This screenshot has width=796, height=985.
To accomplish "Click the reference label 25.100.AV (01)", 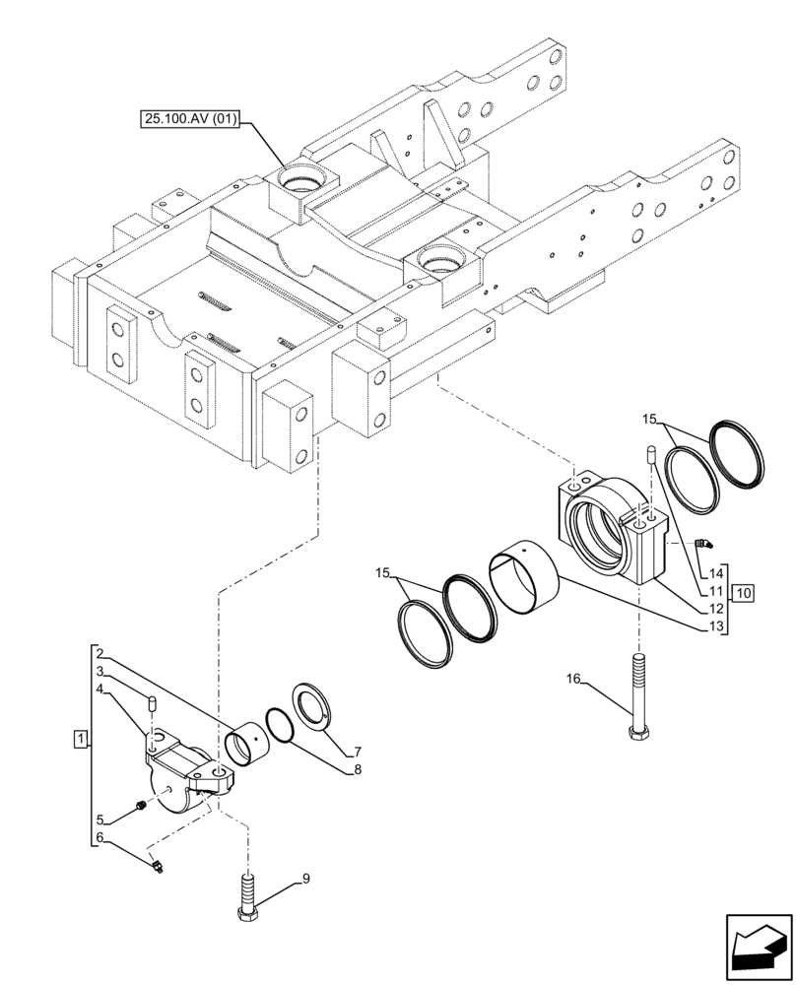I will (x=193, y=121).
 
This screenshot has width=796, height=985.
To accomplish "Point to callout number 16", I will (x=574, y=679).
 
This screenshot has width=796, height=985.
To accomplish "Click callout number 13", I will (x=716, y=625).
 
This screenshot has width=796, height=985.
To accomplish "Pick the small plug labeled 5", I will (x=141, y=808).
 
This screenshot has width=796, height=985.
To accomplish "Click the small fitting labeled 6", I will (x=157, y=867).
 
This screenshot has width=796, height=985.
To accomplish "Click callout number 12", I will (x=716, y=609).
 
